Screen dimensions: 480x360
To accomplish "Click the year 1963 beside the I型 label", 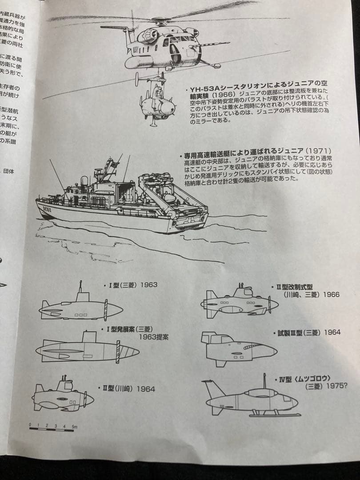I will (149, 284).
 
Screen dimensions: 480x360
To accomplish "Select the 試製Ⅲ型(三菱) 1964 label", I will (306, 332).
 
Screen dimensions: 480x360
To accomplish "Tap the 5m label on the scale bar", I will (74, 426).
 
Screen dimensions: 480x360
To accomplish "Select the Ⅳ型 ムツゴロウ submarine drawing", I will (251, 400).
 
